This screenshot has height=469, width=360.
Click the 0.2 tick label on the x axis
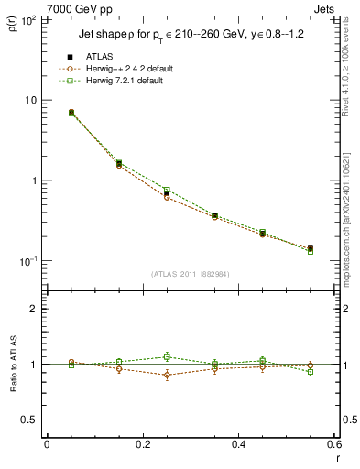tap(142, 445)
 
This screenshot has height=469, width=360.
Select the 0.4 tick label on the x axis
tap(238, 445)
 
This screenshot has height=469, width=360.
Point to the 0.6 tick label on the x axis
tap(333, 445)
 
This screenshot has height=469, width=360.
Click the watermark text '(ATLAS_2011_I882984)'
tap(191, 273)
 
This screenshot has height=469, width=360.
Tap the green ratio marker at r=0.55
tap(311, 372)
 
